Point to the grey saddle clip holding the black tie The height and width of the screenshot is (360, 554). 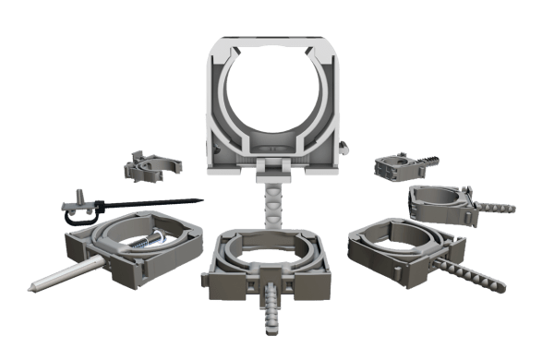click(x=79, y=211)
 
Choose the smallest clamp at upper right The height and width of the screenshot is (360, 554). click(x=393, y=167)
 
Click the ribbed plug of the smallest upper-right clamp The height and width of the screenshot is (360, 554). click(x=433, y=161)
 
